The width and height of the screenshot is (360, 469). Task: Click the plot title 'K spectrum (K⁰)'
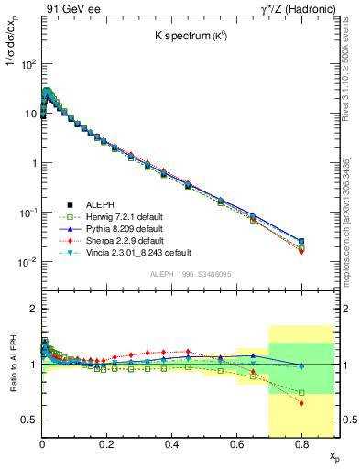190,37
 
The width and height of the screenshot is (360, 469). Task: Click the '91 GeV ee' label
68,8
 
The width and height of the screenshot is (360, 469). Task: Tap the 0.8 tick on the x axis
301,443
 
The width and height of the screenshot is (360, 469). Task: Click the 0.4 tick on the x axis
171,443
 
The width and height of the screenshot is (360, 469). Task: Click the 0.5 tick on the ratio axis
29,420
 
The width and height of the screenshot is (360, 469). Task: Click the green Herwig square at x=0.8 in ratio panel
301,392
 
